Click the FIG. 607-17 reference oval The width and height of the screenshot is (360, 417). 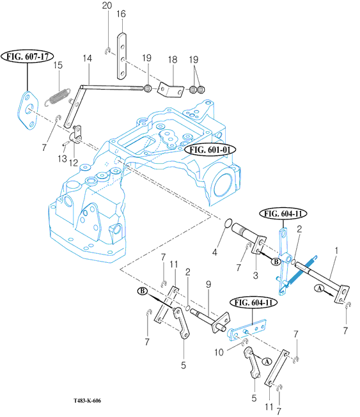[x=27, y=57]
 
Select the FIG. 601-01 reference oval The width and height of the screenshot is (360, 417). [x=210, y=150]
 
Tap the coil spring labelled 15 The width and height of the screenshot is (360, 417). [x=58, y=97]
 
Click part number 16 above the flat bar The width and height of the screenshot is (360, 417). [x=121, y=14]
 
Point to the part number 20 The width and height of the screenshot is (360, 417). [x=107, y=5]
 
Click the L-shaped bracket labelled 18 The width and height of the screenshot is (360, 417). [x=171, y=90]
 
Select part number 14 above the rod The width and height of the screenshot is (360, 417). [x=88, y=58]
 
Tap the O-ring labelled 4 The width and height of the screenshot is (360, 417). [x=228, y=223]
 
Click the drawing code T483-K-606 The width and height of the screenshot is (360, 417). [x=87, y=400]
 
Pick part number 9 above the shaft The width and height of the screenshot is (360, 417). [x=208, y=285]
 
